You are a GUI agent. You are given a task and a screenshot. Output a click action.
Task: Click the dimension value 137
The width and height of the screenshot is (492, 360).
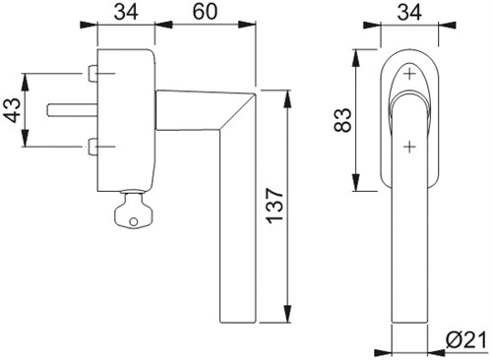click(275, 206)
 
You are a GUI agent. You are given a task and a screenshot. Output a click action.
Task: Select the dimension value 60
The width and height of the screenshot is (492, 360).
click(205, 12)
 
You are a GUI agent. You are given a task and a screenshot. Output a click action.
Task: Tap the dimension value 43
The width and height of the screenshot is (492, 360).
click(14, 110)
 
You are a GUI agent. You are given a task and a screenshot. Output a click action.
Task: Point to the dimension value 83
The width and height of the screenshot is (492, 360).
click(342, 120)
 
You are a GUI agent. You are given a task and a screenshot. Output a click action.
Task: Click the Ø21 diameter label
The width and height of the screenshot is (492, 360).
click(466, 340)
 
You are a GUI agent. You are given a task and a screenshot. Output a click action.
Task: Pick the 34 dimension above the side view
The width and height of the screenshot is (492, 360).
click(126, 12)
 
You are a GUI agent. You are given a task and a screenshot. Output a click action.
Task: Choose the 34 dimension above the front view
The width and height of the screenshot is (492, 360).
click(409, 12)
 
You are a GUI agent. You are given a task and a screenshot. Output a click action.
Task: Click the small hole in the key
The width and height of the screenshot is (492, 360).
click(133, 221)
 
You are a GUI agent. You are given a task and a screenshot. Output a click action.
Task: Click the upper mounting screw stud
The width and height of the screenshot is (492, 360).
click(92, 74)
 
